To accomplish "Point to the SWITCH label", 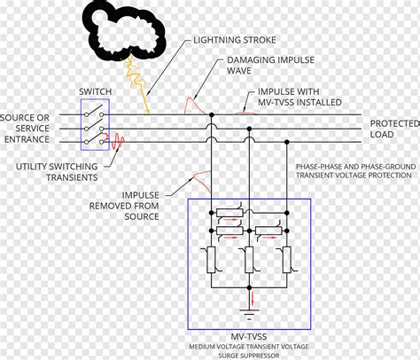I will [95, 91].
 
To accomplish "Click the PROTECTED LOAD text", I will [388, 129].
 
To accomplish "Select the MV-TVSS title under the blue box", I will [249, 336].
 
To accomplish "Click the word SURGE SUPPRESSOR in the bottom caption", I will [249, 355].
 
